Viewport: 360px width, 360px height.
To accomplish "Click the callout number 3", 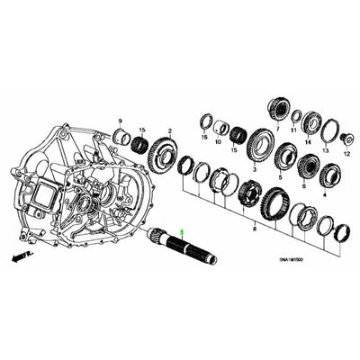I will coord(257,168).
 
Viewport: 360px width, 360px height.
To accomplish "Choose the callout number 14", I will coord(308,143).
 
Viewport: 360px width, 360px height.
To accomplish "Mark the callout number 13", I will coord(326,151).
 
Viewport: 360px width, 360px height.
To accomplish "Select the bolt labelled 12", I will coord(346,138).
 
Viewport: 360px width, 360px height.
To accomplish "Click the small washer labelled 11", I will coord(293,113).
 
